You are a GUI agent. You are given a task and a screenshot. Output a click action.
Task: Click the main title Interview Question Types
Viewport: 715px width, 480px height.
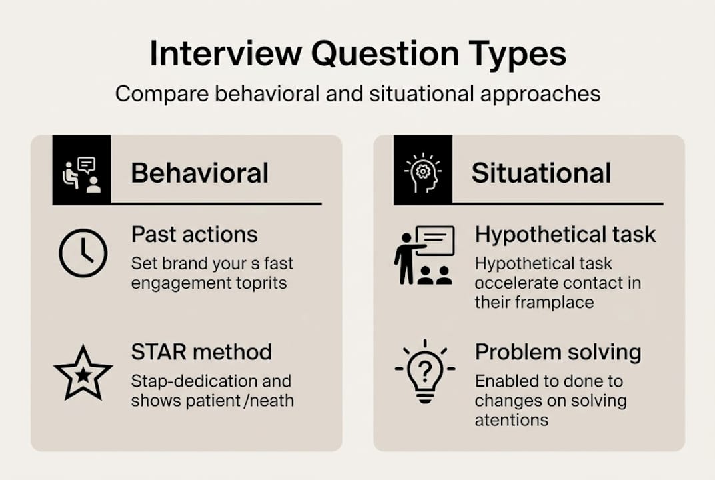pos(357,53)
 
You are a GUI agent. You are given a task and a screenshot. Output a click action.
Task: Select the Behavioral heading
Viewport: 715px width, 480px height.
pos(199,173)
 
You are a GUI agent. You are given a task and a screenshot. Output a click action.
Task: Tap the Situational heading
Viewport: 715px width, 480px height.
pos(541,173)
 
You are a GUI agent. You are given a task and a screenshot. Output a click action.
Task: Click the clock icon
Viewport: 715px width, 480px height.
pos(83,254)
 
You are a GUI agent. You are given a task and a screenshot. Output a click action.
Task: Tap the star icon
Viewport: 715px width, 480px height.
pos(83,373)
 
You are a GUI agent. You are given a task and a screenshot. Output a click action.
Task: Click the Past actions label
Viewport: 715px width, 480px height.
pos(194,235)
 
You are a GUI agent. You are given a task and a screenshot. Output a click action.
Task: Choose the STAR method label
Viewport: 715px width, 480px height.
pos(201,352)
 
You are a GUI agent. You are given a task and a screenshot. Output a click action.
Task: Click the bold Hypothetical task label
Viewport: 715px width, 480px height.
pos(565,235)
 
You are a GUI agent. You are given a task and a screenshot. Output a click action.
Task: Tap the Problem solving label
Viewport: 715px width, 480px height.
pos(558,352)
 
